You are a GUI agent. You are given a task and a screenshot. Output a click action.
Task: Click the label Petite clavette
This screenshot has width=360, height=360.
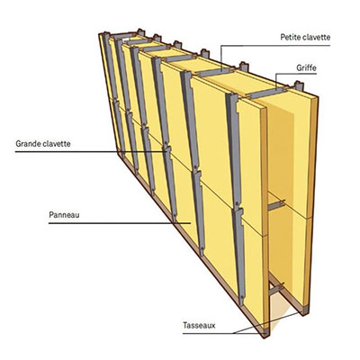(x=305, y=37)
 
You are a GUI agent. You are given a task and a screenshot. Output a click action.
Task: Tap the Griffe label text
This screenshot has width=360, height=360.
(x=306, y=67)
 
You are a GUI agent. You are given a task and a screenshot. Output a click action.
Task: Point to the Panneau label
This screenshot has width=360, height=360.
(x=64, y=215)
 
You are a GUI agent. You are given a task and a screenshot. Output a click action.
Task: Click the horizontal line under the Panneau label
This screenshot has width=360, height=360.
(x=120, y=223)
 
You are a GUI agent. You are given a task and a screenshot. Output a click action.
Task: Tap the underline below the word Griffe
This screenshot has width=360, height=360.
(x=296, y=74)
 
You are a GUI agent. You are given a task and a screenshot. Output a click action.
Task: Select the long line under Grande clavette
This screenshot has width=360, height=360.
(x=90, y=152)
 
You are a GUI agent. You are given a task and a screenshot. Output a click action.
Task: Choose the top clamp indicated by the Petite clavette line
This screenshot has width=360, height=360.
(x=215, y=72)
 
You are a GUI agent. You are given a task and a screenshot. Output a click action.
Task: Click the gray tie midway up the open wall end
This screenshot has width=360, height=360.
(x=276, y=205)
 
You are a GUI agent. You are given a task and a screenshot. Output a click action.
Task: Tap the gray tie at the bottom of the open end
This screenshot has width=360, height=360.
(x=276, y=289)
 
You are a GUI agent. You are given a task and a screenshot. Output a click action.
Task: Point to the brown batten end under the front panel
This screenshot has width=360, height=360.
(x=265, y=332)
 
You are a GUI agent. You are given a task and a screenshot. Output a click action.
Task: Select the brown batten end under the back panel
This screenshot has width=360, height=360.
(x=303, y=310)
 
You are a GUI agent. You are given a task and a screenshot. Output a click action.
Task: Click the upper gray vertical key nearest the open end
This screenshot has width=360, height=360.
(x=233, y=150)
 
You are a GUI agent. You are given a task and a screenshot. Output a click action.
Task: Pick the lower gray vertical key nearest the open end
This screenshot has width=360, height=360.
(x=238, y=256)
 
